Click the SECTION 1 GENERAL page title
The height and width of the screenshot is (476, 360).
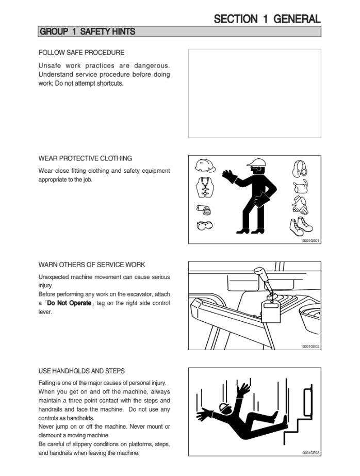[x=267, y=19]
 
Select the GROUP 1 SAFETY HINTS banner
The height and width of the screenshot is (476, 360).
[x=179, y=31]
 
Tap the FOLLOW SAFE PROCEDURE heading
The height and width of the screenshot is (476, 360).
[x=81, y=53]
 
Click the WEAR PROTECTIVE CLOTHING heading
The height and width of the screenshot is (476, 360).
[x=85, y=158]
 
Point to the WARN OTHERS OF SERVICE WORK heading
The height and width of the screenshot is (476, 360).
[x=92, y=265]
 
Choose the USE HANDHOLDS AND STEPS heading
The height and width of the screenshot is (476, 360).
[x=81, y=371]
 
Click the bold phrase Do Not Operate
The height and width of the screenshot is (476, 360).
[x=70, y=303]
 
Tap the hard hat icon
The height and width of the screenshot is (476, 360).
[x=205, y=166]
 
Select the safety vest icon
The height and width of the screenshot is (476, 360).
[x=205, y=187]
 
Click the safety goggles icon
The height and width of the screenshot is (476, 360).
[x=204, y=225]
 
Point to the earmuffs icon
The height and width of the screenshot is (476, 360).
[x=300, y=169]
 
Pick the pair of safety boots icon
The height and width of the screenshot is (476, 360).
[x=301, y=226]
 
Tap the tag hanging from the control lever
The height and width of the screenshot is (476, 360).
[x=271, y=311]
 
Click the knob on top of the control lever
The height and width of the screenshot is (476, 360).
[x=260, y=271]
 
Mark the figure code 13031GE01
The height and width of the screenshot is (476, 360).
[x=310, y=240]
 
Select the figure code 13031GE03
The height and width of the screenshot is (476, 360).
[x=310, y=453]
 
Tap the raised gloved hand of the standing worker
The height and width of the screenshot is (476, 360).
[x=229, y=176]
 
